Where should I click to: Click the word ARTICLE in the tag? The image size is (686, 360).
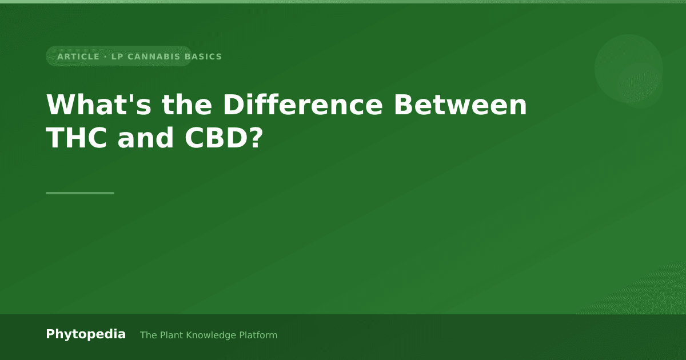[x=78, y=57]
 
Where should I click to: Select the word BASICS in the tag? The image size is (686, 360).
[x=204, y=57]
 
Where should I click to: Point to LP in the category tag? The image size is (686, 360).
[x=117, y=57]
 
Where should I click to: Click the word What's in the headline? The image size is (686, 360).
[x=98, y=105]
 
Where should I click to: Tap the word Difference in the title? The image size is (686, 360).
[x=303, y=105]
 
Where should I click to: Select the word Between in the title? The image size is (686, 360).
[x=460, y=105]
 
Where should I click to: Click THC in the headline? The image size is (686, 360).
[x=77, y=138]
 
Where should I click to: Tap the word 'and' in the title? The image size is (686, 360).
[x=146, y=138]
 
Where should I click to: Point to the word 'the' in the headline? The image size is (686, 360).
[x=187, y=105]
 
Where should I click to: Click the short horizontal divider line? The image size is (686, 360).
[x=80, y=193]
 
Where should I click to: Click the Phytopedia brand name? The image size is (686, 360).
[x=86, y=334]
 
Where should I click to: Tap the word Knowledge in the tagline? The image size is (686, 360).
[x=212, y=335]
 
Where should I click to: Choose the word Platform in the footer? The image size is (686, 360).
[x=258, y=335]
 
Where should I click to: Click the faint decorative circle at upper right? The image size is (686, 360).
[x=629, y=69]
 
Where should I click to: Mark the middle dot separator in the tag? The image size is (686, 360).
[x=106, y=57]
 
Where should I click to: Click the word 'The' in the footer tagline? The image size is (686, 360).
[x=149, y=335]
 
